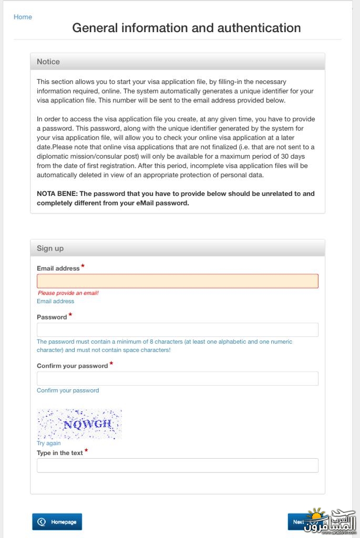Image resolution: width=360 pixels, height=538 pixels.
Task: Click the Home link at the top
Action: [23, 17]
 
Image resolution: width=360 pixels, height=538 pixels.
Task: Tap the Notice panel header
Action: [177, 61]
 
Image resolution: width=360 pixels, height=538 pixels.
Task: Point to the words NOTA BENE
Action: [56, 193]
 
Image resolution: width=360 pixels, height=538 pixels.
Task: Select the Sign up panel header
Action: [177, 248]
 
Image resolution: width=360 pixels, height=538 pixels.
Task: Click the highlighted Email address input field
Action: [177, 281]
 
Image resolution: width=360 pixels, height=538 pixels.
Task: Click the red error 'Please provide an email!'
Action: [68, 293]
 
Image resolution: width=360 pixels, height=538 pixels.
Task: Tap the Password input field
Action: [177, 330]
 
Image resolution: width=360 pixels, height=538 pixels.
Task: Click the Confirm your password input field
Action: [177, 378]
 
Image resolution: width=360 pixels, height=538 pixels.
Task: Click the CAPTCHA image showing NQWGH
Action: [79, 424]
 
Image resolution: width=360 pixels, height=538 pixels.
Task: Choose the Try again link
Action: [49, 443]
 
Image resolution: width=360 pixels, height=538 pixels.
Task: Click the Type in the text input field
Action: [177, 465]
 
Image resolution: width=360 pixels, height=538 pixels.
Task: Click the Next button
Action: [297, 522]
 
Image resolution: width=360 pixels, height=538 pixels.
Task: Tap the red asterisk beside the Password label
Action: [70, 315]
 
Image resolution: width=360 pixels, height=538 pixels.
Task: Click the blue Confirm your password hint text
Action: [68, 390]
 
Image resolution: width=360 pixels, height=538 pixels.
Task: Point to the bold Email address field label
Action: [58, 268]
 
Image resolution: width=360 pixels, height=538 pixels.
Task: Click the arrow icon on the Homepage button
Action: [42, 522]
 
